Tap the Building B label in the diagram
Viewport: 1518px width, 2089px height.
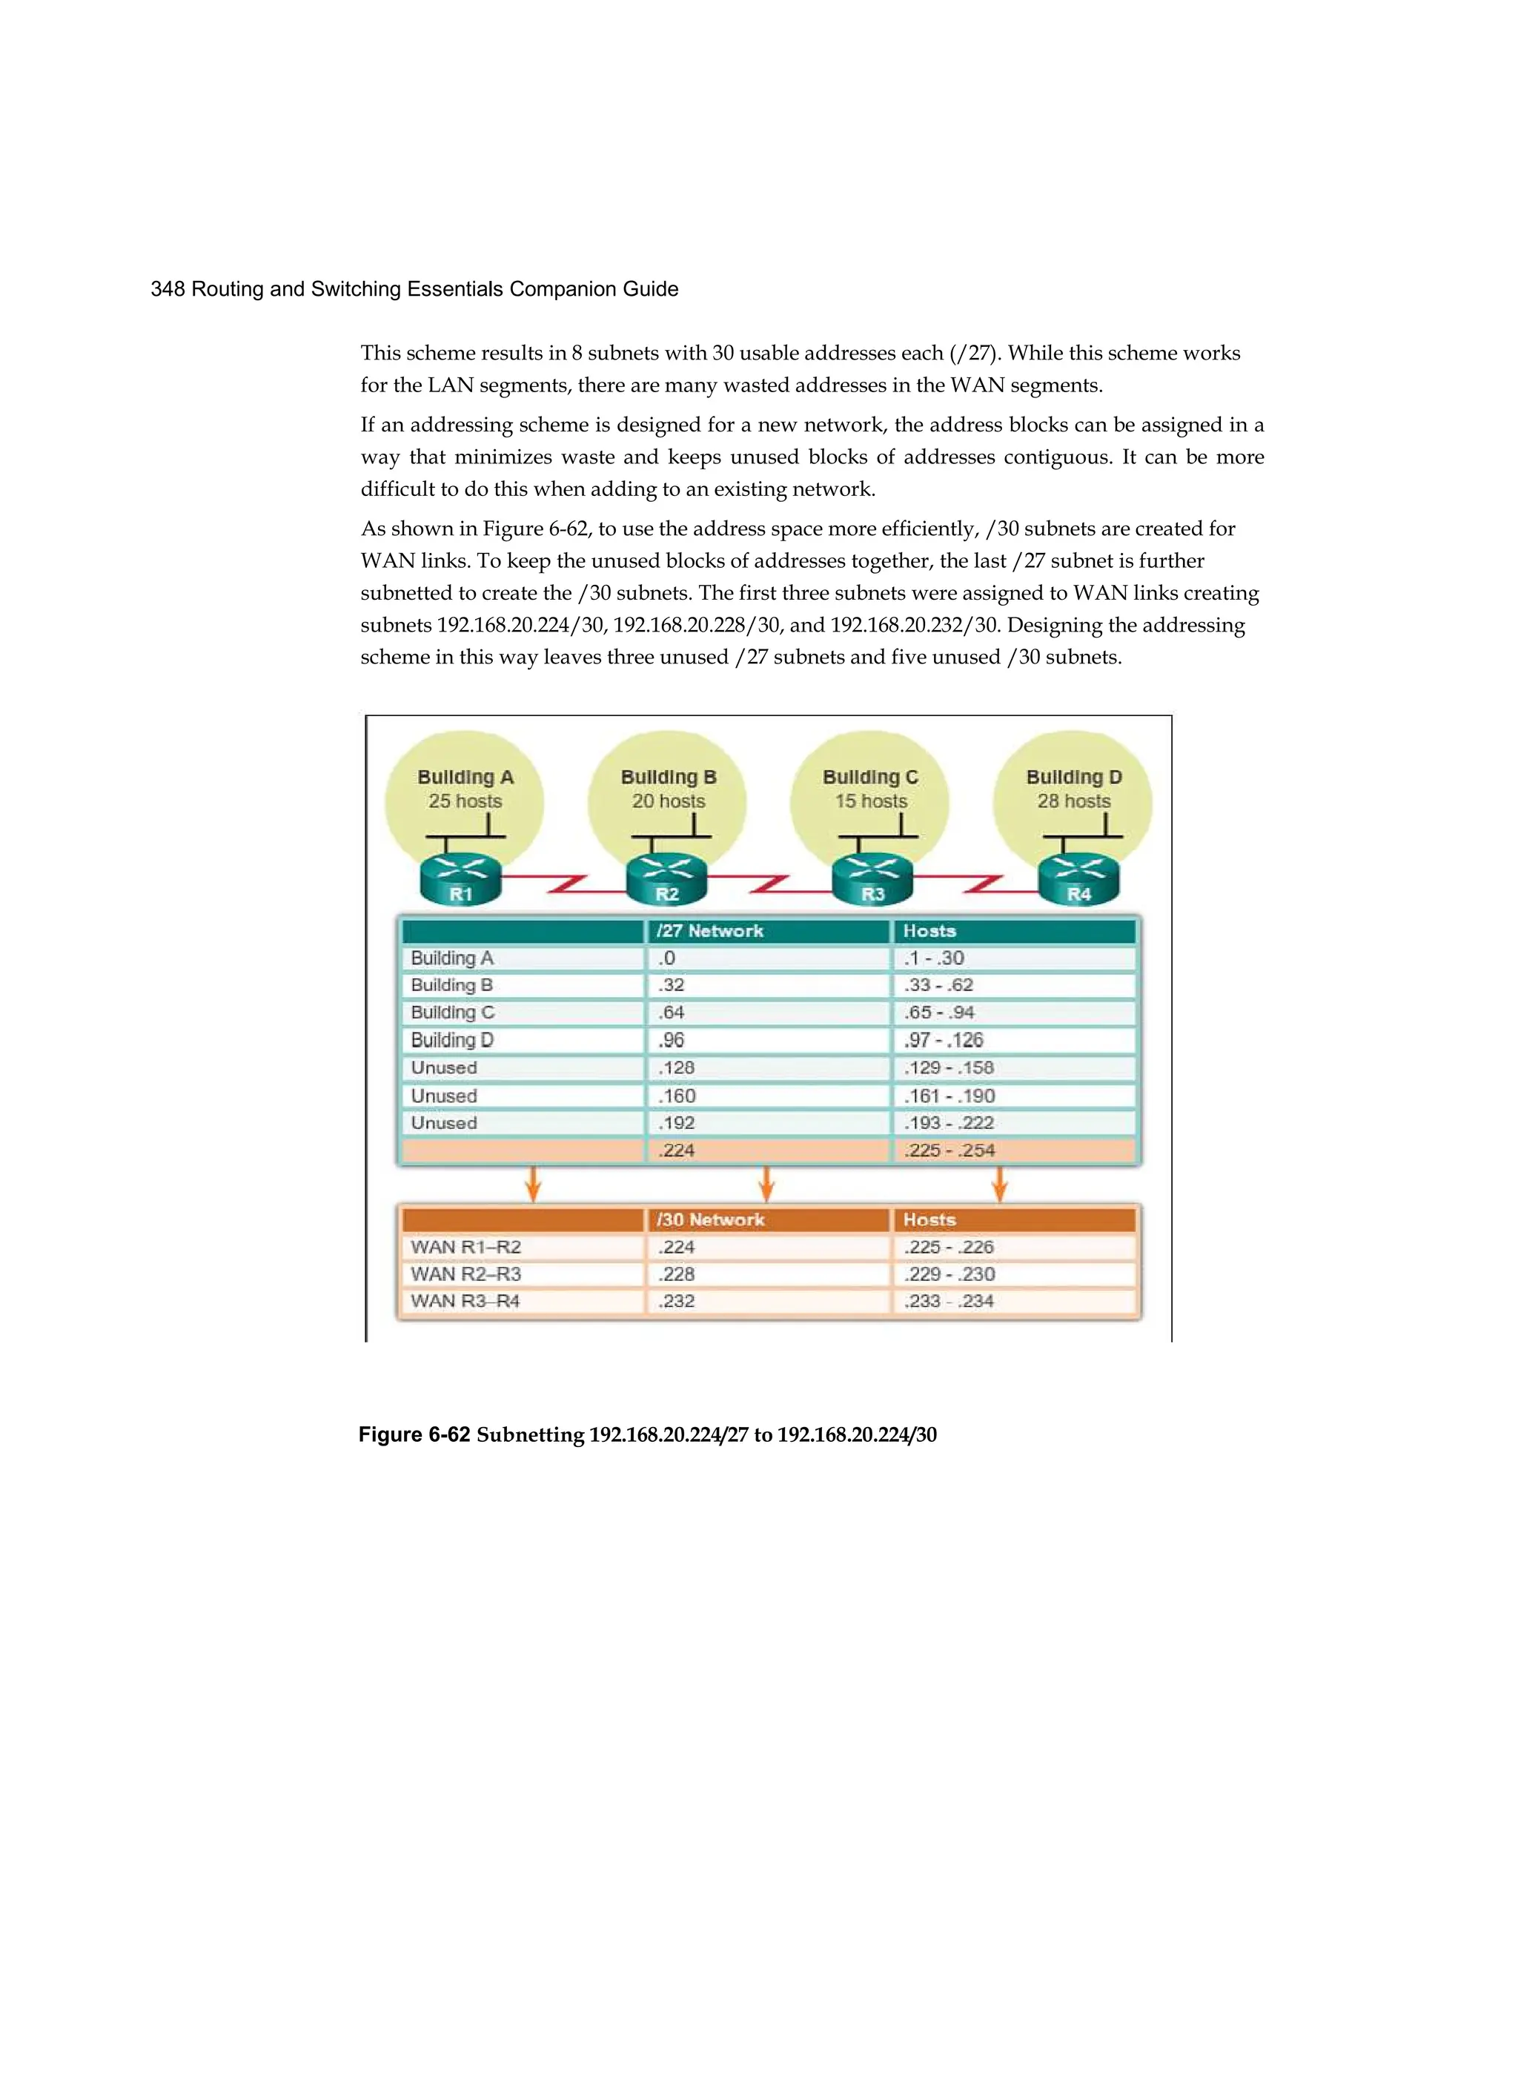(x=668, y=778)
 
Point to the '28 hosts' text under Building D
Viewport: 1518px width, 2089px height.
(x=1074, y=801)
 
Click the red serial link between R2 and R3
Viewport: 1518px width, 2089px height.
(x=769, y=886)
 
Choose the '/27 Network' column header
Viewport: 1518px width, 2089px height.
(x=709, y=931)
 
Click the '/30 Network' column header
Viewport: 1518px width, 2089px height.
(x=710, y=1219)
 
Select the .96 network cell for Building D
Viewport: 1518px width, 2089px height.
(x=672, y=1040)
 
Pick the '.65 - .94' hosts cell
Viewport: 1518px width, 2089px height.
(x=938, y=1013)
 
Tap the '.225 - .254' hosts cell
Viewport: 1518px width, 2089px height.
(x=949, y=1151)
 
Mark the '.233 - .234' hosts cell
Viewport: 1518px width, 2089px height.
(x=948, y=1302)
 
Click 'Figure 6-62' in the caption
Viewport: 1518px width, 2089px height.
(x=414, y=1434)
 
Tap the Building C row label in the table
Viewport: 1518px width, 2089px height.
(x=452, y=1013)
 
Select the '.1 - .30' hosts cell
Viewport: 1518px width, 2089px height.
(x=934, y=958)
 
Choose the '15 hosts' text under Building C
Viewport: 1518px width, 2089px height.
(x=870, y=801)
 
